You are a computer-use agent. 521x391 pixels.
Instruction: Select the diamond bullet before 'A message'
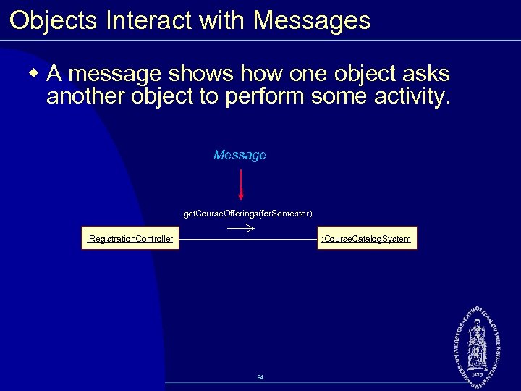pyautogui.click(x=33, y=73)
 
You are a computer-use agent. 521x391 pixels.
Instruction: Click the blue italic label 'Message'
pyautogui.click(x=240, y=155)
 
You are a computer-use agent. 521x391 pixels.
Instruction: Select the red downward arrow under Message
pyautogui.click(x=241, y=184)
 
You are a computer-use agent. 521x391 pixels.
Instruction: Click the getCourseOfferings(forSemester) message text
pyautogui.click(x=247, y=214)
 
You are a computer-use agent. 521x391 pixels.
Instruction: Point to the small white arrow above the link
pyautogui.click(x=241, y=227)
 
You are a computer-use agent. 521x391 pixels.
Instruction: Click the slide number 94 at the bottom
pyautogui.click(x=260, y=378)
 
